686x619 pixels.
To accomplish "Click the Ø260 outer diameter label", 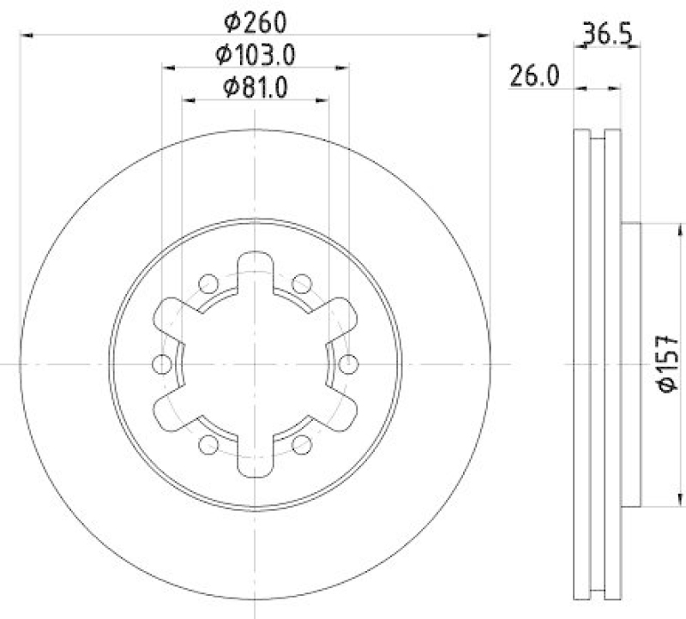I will point(255,21).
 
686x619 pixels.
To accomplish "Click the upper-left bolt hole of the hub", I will point(208,284).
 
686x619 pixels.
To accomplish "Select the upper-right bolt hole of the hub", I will point(301,284).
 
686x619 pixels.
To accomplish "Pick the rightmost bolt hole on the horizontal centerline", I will point(348,364).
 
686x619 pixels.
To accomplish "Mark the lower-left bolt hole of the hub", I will point(208,444).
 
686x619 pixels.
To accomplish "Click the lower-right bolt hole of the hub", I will point(301,444).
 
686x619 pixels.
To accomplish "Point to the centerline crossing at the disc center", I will point(255,364).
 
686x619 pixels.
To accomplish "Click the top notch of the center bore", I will point(255,266).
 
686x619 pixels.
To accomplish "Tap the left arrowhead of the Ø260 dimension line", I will point(24,34).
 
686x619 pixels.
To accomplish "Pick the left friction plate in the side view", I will point(581,364).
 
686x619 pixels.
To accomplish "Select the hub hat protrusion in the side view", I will point(630,364).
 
